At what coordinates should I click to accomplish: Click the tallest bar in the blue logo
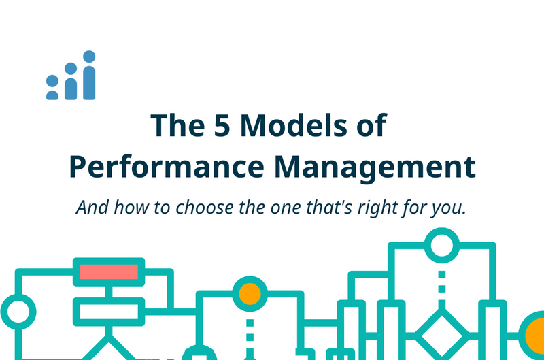[x=89, y=82]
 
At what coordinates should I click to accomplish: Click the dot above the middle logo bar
[x=71, y=68]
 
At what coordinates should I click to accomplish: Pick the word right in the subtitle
[x=386, y=207]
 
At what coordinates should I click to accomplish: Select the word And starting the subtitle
[x=90, y=207]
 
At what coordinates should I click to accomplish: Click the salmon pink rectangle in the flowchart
[x=109, y=271]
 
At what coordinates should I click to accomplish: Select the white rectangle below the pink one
[x=109, y=312]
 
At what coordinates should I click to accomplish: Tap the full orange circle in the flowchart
[x=250, y=293]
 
